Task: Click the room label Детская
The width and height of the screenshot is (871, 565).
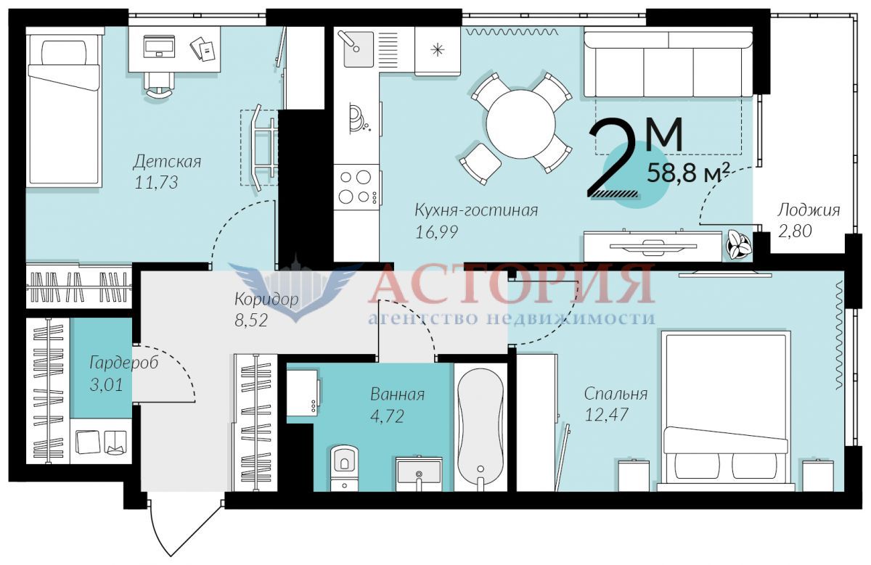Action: pos(167,162)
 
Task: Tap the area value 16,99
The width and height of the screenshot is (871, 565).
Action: pos(437,232)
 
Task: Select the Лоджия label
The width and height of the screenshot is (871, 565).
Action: pos(809,210)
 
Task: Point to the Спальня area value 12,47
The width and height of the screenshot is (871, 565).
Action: pos(607,415)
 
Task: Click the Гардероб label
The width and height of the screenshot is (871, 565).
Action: pos(124,363)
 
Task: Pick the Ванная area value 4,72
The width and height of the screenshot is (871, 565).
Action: pos(388,416)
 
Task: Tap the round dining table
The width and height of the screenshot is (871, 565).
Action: pos(520,123)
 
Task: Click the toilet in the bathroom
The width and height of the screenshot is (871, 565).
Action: pos(344,468)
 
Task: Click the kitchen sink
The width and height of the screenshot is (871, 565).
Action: pos(359,49)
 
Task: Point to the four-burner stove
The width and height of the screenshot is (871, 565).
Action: pos(356,187)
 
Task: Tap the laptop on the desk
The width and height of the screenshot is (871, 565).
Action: pos(159,46)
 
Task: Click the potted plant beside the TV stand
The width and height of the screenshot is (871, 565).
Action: pos(739,245)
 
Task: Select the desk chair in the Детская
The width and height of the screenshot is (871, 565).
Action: pos(159,86)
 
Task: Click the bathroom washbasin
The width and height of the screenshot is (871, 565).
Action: pos(419,474)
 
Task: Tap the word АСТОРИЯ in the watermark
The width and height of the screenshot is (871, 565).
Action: pos(512,284)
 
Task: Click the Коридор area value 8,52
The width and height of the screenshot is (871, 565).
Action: pos(251,320)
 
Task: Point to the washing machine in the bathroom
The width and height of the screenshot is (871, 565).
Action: pos(303,393)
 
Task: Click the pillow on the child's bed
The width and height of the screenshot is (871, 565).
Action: pos(64,52)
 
